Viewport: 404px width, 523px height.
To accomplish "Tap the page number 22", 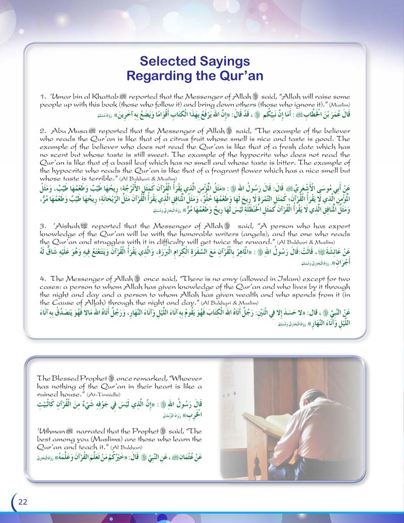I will (x=23, y=501).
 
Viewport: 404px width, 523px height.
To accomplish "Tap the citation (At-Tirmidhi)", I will (x=101, y=393).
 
